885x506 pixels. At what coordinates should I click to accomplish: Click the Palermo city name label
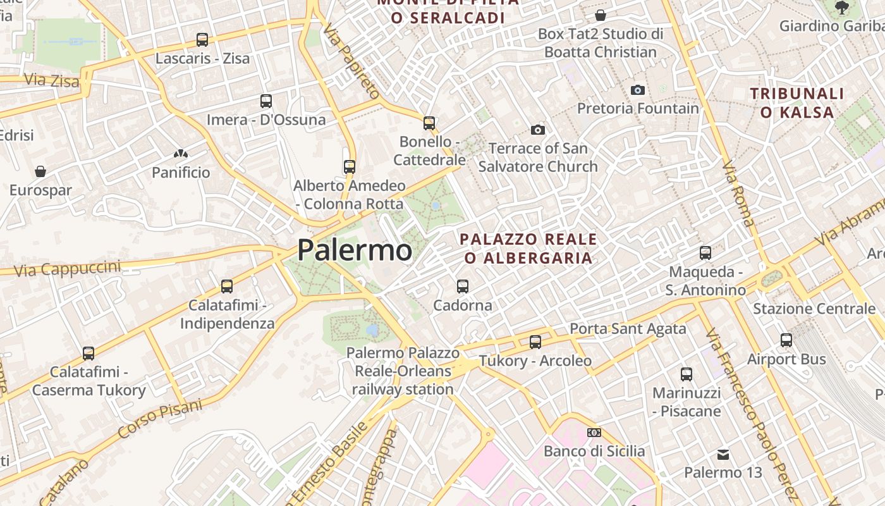point(355,250)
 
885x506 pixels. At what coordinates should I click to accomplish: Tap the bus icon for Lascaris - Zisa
point(202,40)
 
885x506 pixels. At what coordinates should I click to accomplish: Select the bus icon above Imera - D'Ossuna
point(266,101)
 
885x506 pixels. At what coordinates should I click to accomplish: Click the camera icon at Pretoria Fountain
point(638,90)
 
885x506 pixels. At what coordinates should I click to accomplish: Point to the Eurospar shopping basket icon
point(40,171)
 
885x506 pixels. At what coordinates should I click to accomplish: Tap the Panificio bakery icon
point(181,154)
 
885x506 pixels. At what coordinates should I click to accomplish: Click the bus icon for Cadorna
point(463,287)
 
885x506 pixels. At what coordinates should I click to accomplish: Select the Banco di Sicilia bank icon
point(594,433)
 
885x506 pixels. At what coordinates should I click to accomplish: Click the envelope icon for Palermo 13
point(723,454)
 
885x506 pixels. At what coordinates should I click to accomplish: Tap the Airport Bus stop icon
point(786,340)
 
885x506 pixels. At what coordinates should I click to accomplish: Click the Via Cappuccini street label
point(67,268)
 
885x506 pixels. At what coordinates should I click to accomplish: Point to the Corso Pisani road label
point(160,419)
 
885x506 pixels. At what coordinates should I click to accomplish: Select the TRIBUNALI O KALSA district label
point(797,103)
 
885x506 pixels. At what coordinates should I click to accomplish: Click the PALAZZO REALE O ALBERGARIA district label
point(528,248)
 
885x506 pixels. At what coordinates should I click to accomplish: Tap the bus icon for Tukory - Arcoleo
point(535,342)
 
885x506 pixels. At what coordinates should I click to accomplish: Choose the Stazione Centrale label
point(814,309)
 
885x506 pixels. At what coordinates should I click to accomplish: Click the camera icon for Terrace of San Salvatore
point(538,130)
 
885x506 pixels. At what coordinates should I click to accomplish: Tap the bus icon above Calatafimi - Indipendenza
point(227,287)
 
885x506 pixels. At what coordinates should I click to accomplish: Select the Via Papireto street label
point(352,61)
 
